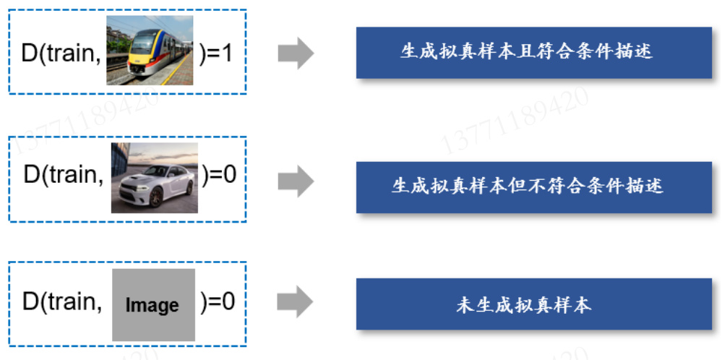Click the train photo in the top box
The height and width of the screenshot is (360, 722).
pos(150,50)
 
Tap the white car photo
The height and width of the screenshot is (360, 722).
pos(154,178)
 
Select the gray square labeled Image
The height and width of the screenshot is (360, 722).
pos(153,304)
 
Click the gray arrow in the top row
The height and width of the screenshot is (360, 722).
pos(295,54)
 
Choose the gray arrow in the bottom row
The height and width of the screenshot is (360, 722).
pos(295,303)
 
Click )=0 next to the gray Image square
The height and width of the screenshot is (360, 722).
pos(218,301)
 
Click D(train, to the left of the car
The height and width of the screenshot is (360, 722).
pos(64,176)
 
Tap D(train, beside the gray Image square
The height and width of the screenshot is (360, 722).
pos(62,301)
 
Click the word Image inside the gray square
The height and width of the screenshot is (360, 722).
pos(152,306)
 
